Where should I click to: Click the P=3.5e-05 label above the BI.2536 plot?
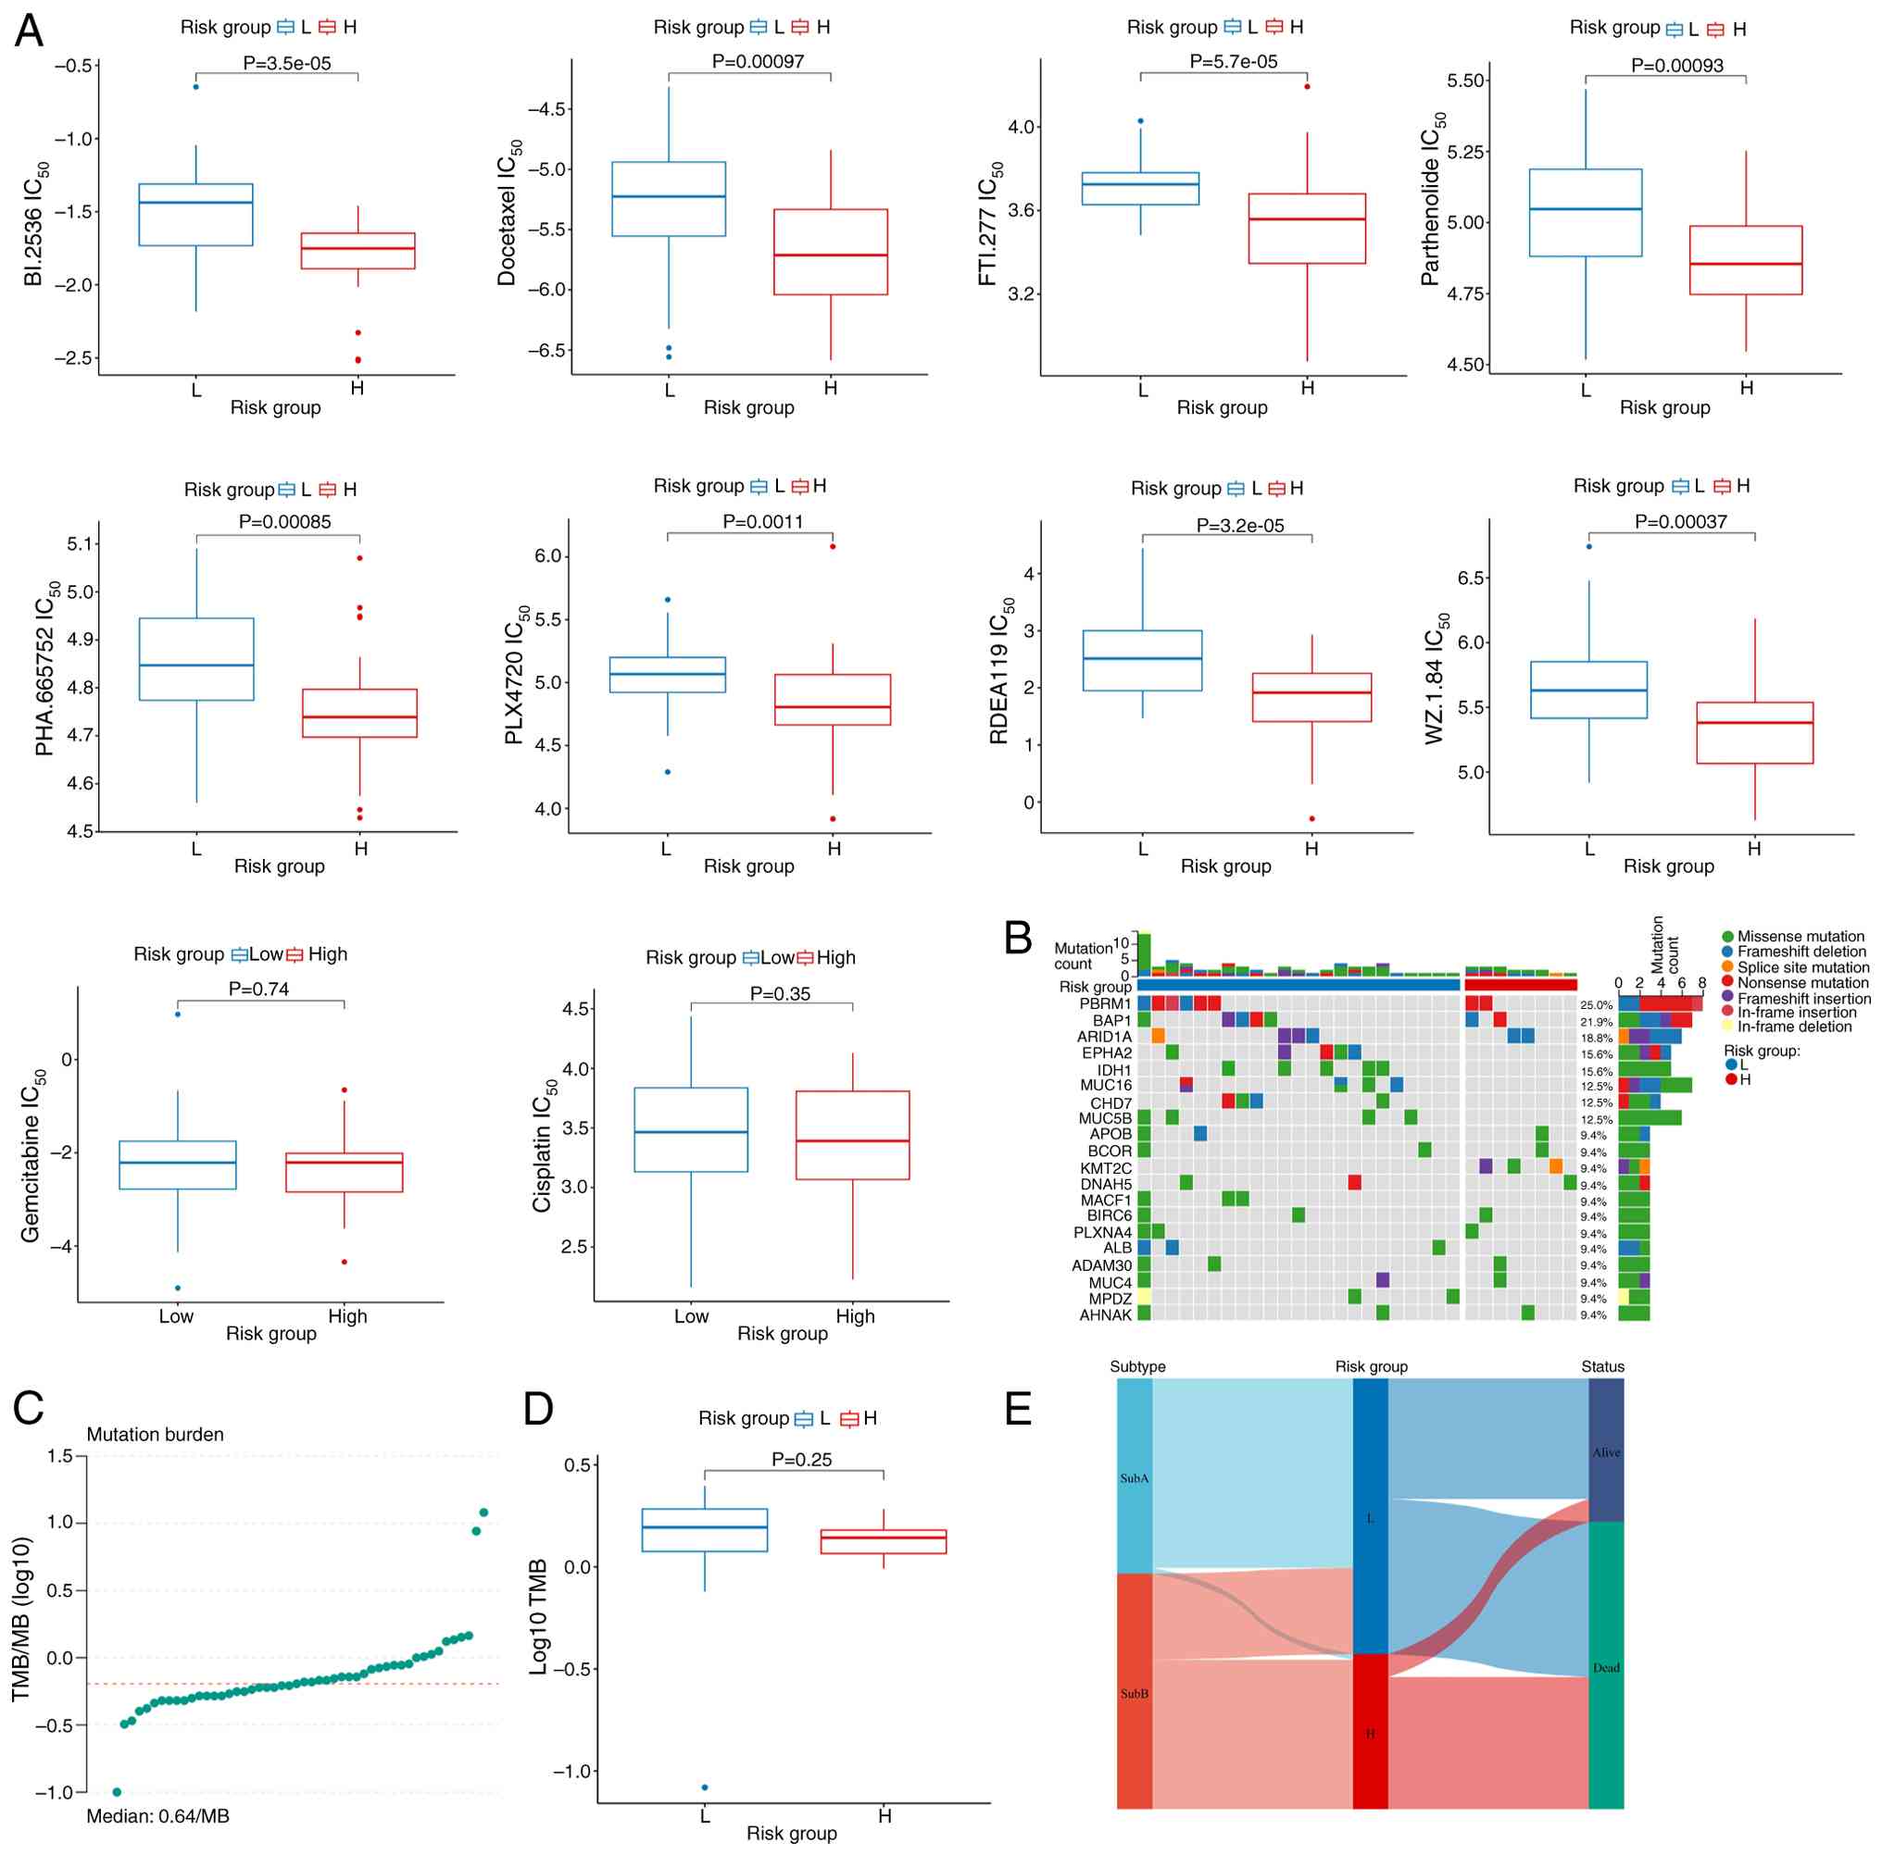click(x=286, y=63)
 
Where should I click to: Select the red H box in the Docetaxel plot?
click(x=830, y=251)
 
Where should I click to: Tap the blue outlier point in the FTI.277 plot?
click(x=1141, y=120)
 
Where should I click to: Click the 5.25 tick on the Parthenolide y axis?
click(x=1465, y=152)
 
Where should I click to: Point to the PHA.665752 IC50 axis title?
click(x=45, y=669)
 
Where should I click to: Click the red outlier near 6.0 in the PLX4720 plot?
click(x=833, y=546)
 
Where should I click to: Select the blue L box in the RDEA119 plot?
click(x=1142, y=660)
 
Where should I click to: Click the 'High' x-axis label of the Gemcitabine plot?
click(x=346, y=1316)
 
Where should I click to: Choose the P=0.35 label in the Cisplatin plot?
click(x=780, y=993)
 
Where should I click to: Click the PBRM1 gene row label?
click(x=1105, y=1004)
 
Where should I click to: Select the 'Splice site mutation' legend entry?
click(x=1803, y=967)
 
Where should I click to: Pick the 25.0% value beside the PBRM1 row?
click(x=1597, y=1005)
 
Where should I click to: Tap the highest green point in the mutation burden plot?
click(x=483, y=1513)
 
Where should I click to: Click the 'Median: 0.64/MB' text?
click(x=157, y=1816)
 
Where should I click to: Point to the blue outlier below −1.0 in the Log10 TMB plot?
click(x=704, y=1787)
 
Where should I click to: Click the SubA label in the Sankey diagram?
click(x=1134, y=1478)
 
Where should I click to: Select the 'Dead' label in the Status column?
click(x=1606, y=1668)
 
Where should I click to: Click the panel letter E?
click(x=1018, y=1409)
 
